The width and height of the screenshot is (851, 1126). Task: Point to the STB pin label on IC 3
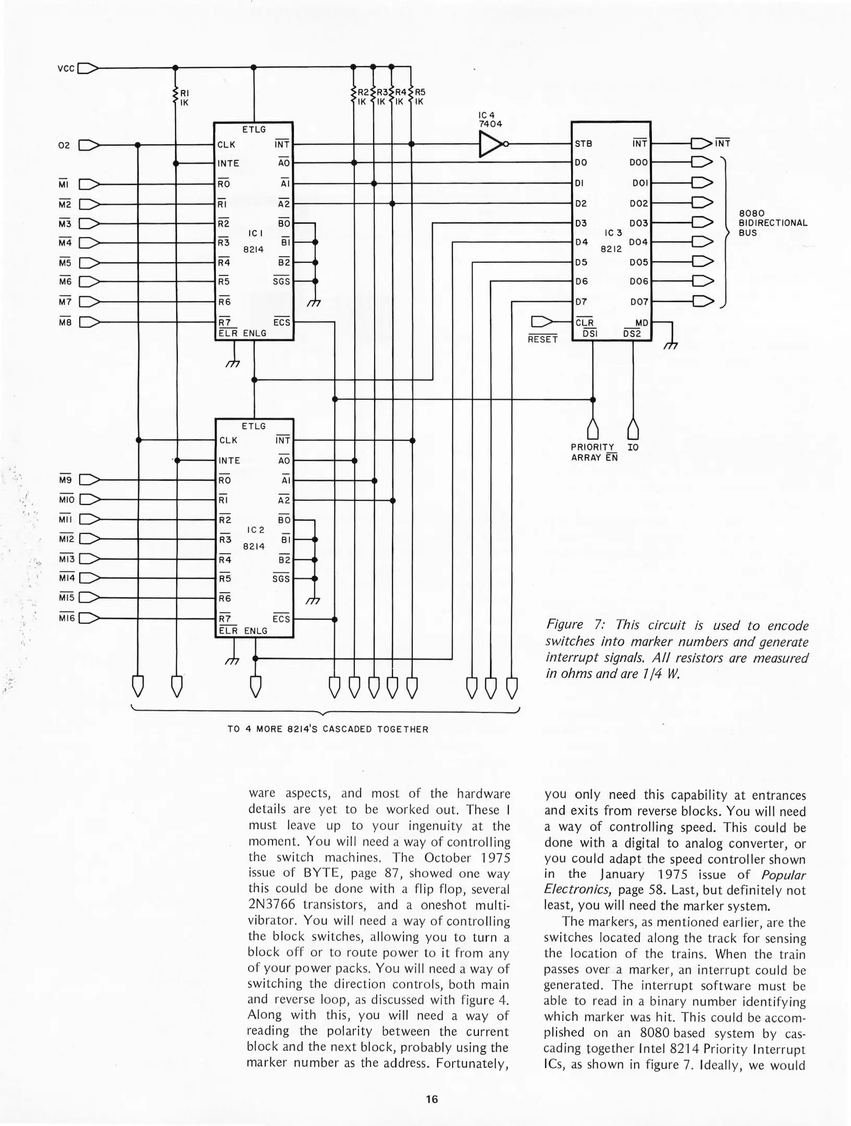(x=583, y=144)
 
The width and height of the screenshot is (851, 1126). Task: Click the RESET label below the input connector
(x=542, y=339)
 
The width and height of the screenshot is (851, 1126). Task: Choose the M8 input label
(x=65, y=322)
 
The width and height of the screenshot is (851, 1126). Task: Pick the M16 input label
(x=67, y=618)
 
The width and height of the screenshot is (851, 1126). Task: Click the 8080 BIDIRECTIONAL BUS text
(x=773, y=223)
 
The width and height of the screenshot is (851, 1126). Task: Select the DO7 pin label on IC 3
(x=639, y=302)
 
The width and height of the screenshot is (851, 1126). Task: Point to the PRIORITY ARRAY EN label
(x=594, y=452)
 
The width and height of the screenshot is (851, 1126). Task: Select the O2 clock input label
(x=64, y=145)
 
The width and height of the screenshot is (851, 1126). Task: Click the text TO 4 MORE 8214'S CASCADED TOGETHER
(x=327, y=729)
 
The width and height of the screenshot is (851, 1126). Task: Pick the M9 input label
(x=65, y=480)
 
